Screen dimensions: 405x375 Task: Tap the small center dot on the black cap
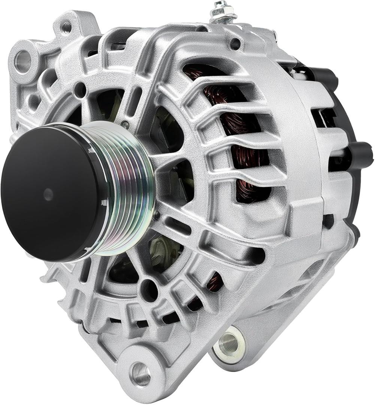48,194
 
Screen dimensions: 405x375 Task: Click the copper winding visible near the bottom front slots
215,281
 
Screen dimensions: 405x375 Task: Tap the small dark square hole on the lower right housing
329,221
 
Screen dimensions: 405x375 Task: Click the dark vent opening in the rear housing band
318,116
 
